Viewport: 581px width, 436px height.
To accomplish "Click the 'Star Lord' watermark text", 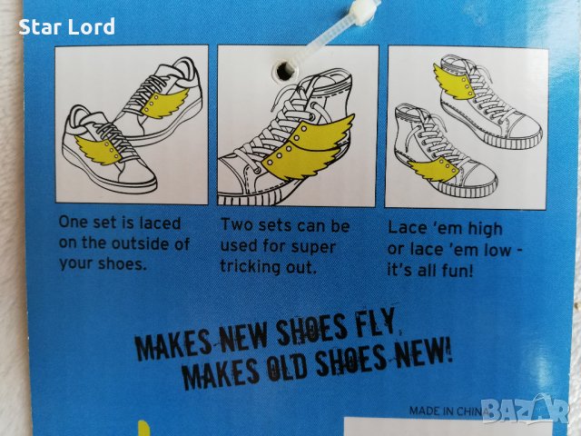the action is click(66, 27).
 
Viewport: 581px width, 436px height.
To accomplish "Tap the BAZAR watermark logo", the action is click(527, 410).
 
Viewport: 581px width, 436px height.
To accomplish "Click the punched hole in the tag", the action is click(284, 70).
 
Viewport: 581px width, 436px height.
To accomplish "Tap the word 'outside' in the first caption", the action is click(140, 243).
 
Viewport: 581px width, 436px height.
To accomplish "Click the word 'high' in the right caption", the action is click(485, 228).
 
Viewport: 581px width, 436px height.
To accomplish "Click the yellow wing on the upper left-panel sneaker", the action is click(166, 104).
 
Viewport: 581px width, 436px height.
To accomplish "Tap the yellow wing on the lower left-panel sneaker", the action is click(99, 149).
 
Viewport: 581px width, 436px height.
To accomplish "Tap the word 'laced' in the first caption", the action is click(160, 223).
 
